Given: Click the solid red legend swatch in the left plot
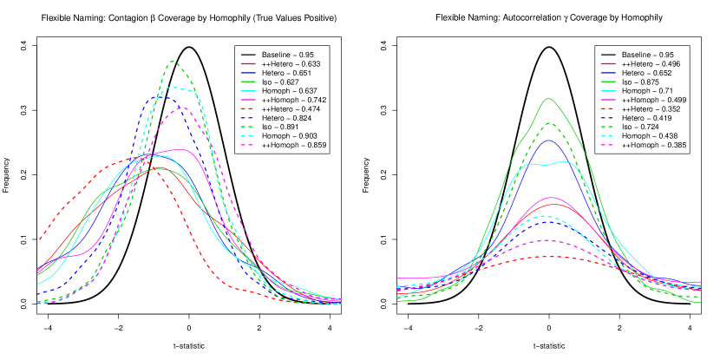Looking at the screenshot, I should [248, 63].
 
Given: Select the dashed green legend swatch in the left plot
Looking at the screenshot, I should [248, 127].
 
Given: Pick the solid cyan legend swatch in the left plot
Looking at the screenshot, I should [248, 90].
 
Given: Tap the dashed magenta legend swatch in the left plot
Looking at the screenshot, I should [248, 145].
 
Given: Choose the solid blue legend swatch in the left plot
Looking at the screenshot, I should [248, 73].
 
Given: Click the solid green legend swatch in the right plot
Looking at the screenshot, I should [609, 82].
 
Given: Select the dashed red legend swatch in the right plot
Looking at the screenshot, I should [609, 108].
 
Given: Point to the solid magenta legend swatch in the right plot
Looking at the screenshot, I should [609, 100].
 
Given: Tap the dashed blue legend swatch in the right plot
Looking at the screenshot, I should [609, 118].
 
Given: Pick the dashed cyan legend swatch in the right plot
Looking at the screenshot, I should [609, 135].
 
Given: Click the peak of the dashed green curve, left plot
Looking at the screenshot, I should [173, 61].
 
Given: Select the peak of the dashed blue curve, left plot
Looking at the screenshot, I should [163, 96].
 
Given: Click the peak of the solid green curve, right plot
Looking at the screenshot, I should [547, 99].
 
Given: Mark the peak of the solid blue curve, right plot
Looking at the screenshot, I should [548, 140].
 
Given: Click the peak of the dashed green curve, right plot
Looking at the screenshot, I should [548, 123].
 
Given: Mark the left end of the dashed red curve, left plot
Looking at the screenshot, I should [38, 240].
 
